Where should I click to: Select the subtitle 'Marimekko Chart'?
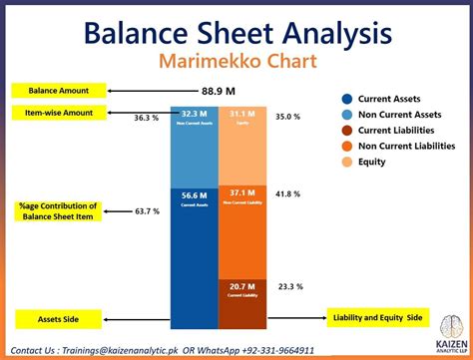click(x=236, y=63)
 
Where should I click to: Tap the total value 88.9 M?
click(x=220, y=89)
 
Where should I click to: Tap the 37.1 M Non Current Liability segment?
click(x=242, y=219)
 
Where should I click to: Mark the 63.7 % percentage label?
click(x=147, y=211)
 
